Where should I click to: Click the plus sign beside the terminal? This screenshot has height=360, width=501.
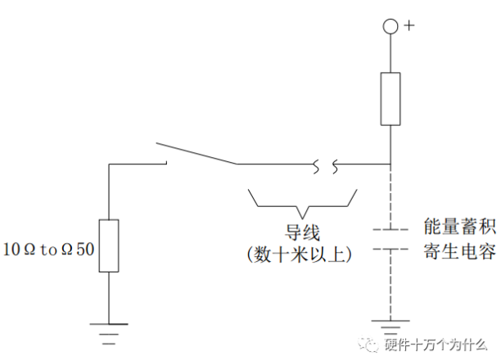point(409,25)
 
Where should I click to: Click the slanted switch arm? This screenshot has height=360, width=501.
point(196,154)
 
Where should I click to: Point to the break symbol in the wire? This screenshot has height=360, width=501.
point(325,166)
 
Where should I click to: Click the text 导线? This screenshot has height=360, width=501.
point(302,232)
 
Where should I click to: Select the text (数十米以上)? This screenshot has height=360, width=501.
point(300,254)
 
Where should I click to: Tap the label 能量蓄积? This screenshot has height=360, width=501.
point(460,227)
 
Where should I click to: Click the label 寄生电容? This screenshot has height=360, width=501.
point(460,251)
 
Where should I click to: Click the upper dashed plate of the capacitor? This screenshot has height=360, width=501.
point(390,229)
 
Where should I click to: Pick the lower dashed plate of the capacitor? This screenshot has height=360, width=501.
point(390,249)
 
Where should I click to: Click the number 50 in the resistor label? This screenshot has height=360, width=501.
point(85,250)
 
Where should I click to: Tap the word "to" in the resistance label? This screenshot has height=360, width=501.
point(48,250)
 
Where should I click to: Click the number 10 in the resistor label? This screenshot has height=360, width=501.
point(11,250)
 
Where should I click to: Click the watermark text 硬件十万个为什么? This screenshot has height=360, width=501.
point(436,345)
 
